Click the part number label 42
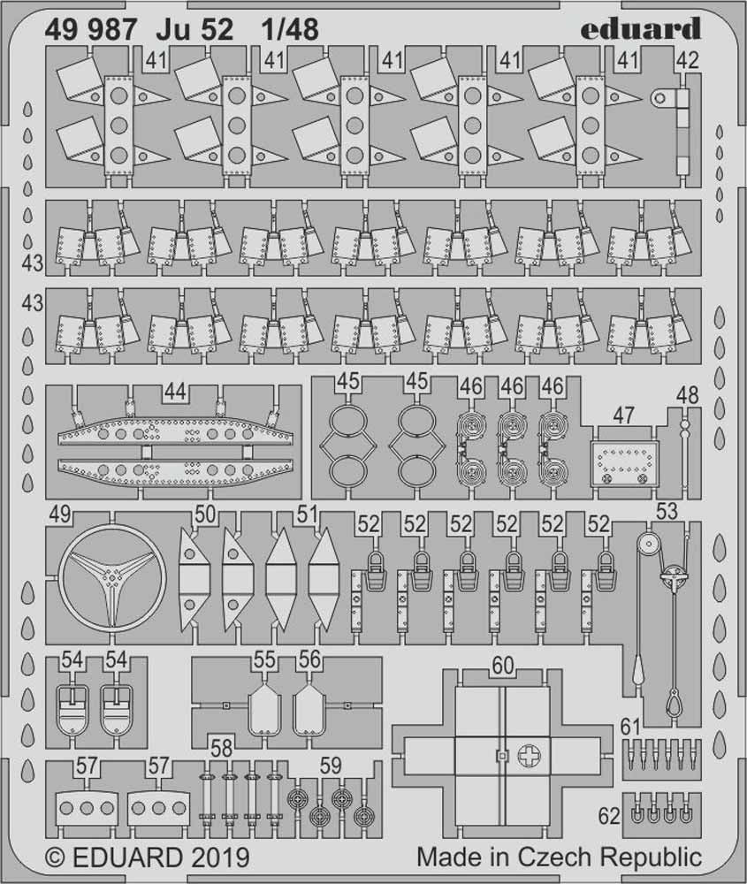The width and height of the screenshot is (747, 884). click(687, 60)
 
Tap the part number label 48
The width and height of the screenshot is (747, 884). click(686, 396)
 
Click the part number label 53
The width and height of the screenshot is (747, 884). click(667, 510)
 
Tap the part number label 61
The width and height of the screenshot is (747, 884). click(629, 727)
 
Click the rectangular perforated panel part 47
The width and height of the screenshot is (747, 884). click(625, 461)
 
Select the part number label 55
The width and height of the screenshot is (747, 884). click(264, 660)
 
